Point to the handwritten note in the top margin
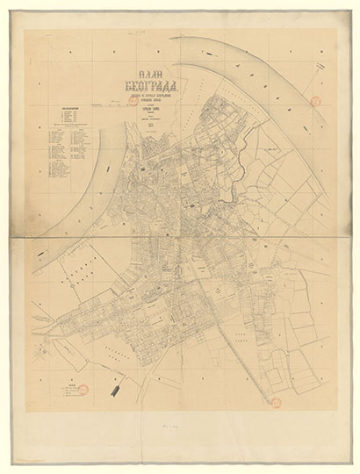(138, 29)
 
